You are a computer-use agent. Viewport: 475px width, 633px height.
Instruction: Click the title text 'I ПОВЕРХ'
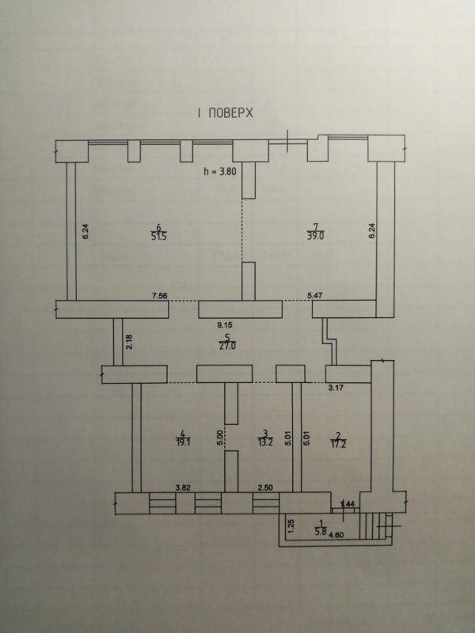pyautogui.click(x=225, y=113)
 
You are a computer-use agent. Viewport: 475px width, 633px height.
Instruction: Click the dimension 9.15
pyautogui.click(x=226, y=324)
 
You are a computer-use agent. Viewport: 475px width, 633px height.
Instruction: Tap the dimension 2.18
pyautogui.click(x=128, y=343)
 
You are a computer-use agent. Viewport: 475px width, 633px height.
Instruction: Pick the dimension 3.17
pyautogui.click(x=336, y=389)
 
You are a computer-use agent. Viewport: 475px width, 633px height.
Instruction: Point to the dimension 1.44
pyautogui.click(x=346, y=504)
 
